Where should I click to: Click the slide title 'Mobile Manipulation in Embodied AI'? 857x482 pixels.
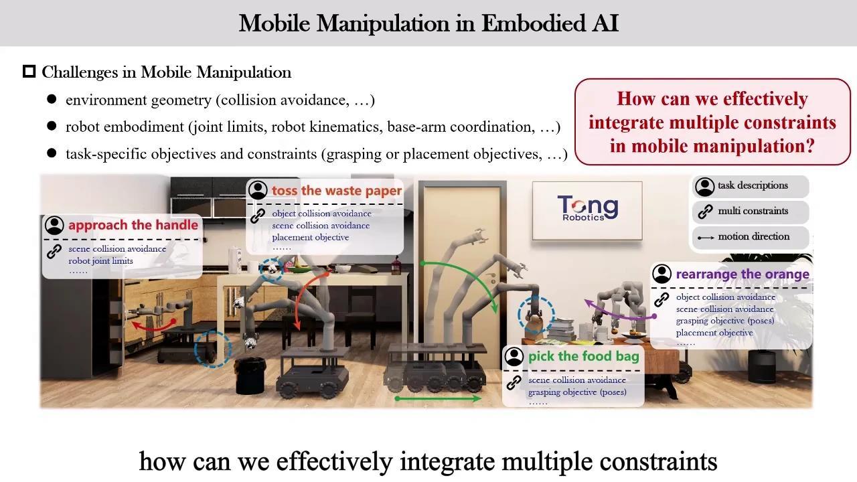pyautogui.click(x=428, y=23)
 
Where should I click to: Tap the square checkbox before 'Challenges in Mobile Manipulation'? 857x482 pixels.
pyautogui.click(x=29, y=72)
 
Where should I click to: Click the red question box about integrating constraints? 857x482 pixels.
pyautogui.click(x=712, y=122)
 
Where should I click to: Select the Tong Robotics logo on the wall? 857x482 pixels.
pyautogui.click(x=587, y=208)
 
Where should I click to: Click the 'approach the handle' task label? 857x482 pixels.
pyautogui.click(x=133, y=225)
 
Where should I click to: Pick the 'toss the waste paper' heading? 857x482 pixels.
pyautogui.click(x=337, y=191)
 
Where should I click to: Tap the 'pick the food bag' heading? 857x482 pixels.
pyautogui.click(x=583, y=357)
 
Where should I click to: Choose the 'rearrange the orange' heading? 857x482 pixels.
pyautogui.click(x=743, y=274)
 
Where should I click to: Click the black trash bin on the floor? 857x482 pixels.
pyautogui.click(x=250, y=376)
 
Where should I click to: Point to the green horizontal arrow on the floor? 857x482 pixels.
pyautogui.click(x=438, y=398)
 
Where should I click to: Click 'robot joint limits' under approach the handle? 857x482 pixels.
pyautogui.click(x=100, y=261)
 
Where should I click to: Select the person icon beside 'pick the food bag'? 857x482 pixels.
pyautogui.click(x=514, y=357)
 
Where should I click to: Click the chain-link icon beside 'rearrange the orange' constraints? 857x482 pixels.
pyautogui.click(x=661, y=300)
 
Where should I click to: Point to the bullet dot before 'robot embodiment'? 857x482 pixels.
pyautogui.click(x=52, y=126)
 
